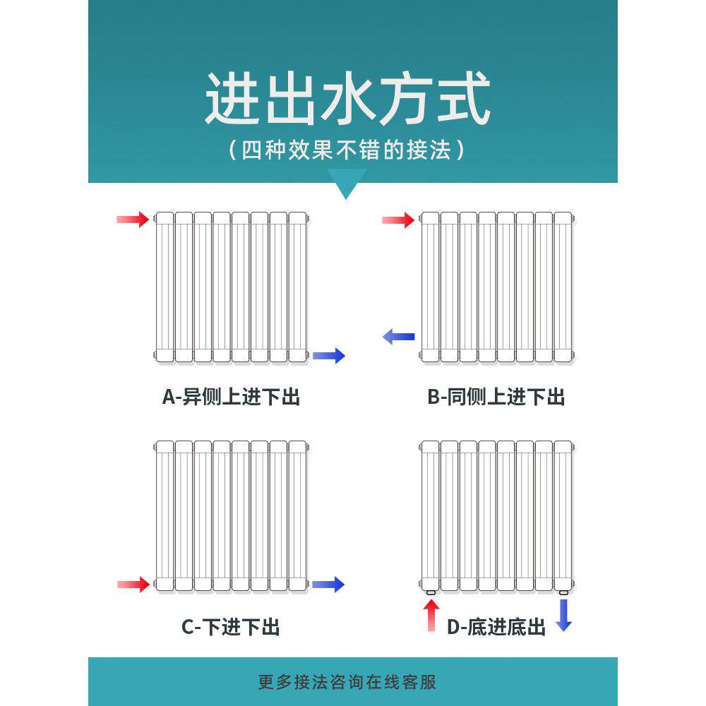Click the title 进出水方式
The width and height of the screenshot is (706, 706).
tap(347, 101)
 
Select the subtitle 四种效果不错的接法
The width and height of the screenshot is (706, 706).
tap(347, 150)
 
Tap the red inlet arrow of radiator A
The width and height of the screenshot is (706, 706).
tap(133, 220)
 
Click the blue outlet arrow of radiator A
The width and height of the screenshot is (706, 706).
tap(329, 356)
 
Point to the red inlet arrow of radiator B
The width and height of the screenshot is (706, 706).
tap(398, 220)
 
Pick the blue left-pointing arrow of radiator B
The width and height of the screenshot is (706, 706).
tap(398, 337)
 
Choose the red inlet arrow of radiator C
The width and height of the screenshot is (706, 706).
tap(133, 584)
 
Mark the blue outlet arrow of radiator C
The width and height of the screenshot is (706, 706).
tap(328, 584)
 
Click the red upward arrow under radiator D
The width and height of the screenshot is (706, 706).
tap(432, 614)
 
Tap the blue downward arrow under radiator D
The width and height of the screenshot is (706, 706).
tap(563, 614)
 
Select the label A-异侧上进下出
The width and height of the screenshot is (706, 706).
tap(232, 397)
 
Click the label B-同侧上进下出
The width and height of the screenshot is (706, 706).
tap(496, 397)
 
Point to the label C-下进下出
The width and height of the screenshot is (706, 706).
tap(231, 626)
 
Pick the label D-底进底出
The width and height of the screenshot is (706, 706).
tap(496, 626)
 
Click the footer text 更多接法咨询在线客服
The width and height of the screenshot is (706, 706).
tap(347, 682)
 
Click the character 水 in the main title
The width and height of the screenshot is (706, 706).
tap(347, 101)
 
